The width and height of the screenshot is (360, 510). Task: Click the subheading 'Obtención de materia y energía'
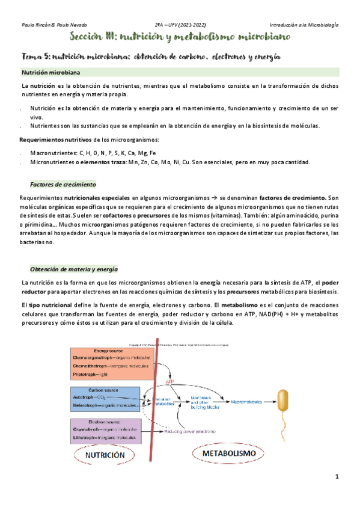click(73, 269)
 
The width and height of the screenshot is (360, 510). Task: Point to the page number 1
click(337, 477)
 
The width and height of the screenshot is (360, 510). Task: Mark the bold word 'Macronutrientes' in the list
click(53, 153)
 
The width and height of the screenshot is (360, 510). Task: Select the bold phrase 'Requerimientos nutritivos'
click(57, 140)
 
